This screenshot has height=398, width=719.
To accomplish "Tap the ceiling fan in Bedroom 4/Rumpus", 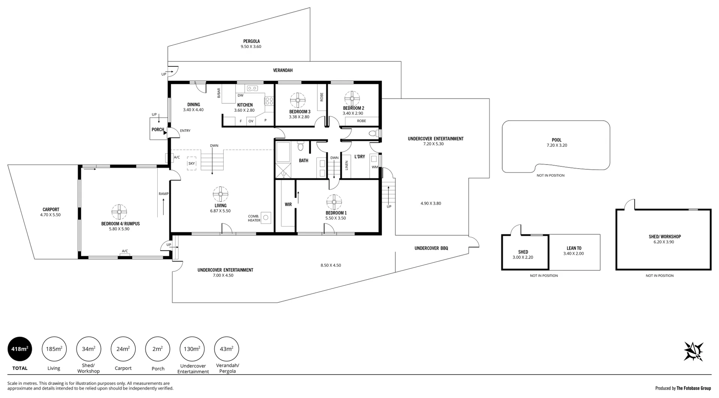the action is [x=119, y=212].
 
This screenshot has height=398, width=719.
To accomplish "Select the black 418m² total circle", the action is [x=20, y=349].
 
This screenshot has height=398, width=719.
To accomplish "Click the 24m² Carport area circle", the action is [x=123, y=349].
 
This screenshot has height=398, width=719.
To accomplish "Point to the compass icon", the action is [x=693, y=351].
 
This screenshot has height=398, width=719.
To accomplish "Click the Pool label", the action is [x=556, y=140].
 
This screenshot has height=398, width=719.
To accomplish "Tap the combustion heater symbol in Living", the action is [x=266, y=217].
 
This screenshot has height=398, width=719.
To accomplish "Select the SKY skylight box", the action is [x=192, y=163].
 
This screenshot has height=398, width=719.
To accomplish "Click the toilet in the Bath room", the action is [x=300, y=146].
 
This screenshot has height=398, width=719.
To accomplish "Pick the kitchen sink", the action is [x=252, y=88].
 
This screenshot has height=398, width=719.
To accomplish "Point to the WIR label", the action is [x=288, y=205].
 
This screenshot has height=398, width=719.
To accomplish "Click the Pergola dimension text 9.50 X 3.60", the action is [x=251, y=47].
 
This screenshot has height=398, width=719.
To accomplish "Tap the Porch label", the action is [x=158, y=130].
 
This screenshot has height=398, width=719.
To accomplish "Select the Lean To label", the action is [x=574, y=248].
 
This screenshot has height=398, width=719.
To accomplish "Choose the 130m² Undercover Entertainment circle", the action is [x=192, y=349].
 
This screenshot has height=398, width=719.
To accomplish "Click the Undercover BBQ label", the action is [x=431, y=248].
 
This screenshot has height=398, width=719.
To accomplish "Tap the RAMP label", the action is [x=163, y=194].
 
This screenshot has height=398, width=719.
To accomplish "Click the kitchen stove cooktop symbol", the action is [x=269, y=100].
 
